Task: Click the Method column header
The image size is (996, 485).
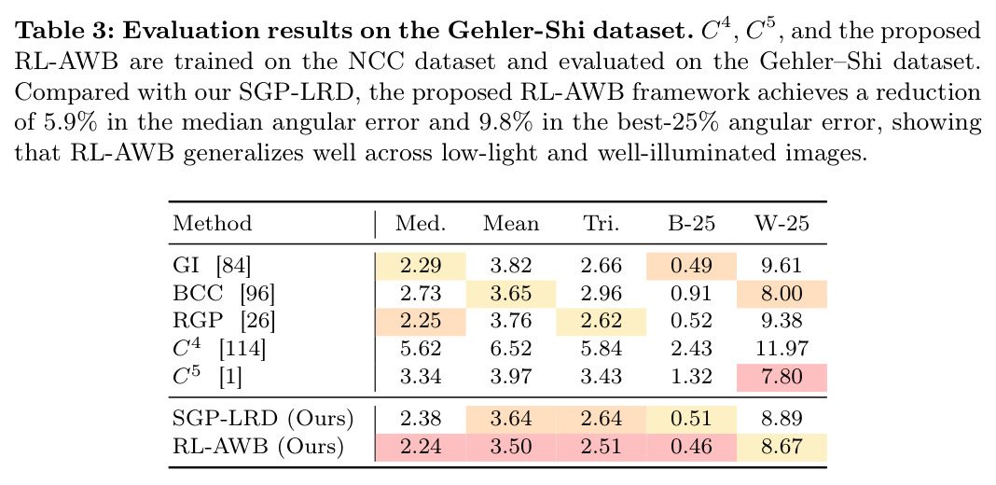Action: [212, 224]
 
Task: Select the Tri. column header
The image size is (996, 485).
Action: [601, 224]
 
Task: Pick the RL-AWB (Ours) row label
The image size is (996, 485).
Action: [258, 447]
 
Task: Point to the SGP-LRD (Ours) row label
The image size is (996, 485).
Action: [263, 419]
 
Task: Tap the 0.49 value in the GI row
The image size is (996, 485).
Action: [691, 265]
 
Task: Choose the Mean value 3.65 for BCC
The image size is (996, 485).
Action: [511, 293]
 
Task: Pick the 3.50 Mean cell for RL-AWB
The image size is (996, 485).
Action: [511, 447]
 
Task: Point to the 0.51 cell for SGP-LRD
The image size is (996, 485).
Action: [691, 419]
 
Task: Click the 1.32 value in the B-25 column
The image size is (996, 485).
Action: [691, 377]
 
